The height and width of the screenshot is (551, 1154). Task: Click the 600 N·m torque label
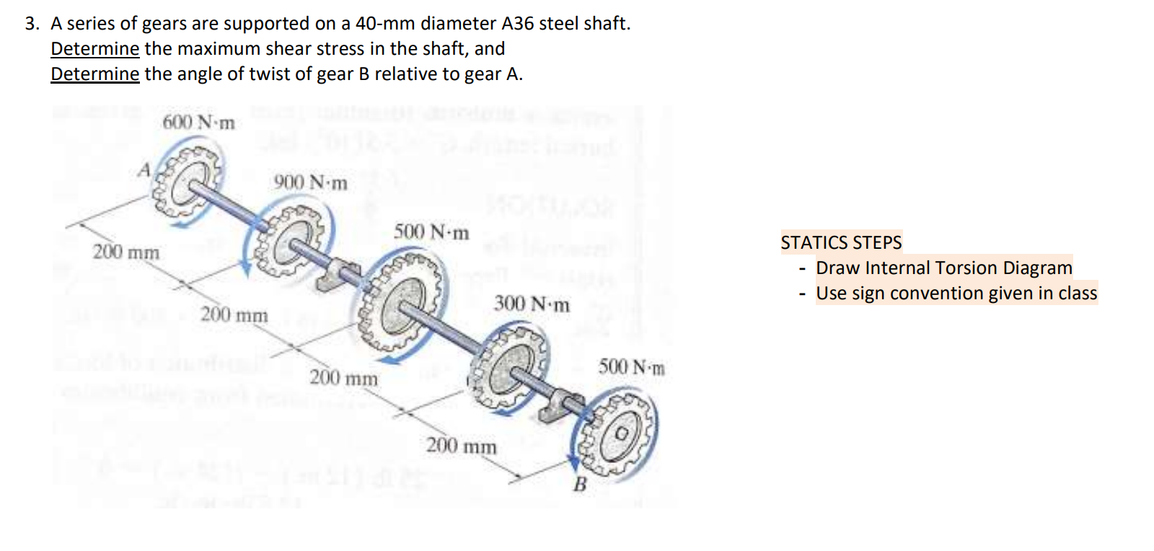click(x=198, y=122)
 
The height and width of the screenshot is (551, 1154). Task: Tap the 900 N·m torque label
click(x=310, y=182)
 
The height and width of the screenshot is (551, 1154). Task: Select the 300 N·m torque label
click(x=532, y=304)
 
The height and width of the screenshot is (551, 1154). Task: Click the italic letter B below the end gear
click(x=580, y=485)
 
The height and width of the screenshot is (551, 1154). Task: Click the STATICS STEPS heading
click(x=841, y=242)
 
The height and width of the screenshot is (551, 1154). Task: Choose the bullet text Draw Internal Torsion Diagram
click(x=943, y=268)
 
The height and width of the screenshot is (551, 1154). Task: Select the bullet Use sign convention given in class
click(x=956, y=294)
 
